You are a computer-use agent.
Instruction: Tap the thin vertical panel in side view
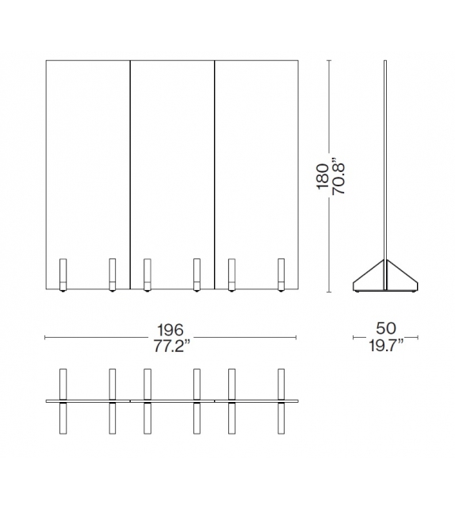tap(385, 159)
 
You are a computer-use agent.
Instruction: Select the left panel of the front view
tap(87, 159)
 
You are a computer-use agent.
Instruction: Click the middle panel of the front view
tap(172, 159)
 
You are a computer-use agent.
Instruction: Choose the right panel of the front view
tap(257, 159)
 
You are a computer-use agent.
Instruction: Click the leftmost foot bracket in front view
tap(63, 274)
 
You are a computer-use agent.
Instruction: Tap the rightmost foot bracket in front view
tap(281, 274)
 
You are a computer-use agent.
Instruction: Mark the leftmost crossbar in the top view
tap(63, 402)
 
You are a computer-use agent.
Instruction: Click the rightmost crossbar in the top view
tap(281, 402)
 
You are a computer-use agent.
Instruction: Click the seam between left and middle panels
tap(129, 159)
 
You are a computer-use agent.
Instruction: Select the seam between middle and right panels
tap(215, 159)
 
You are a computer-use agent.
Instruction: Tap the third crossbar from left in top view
tap(147, 402)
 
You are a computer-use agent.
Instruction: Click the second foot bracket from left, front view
tap(112, 274)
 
